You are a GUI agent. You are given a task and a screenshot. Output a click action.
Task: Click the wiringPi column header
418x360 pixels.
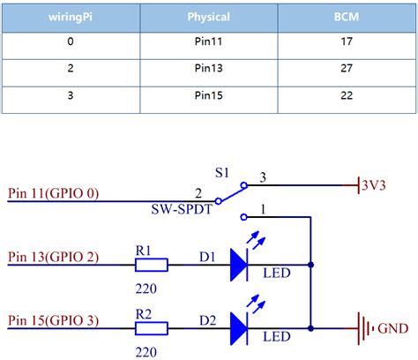[x=70, y=17]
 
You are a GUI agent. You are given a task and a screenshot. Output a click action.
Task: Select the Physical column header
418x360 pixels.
[x=209, y=17]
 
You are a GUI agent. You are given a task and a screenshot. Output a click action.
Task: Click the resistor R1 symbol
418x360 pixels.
[x=151, y=264]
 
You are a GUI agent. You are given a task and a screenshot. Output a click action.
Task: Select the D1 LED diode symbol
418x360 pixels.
[x=239, y=264]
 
